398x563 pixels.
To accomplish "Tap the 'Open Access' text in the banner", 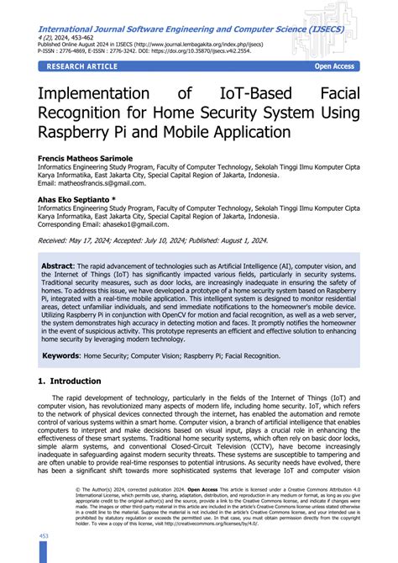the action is tap(334, 66).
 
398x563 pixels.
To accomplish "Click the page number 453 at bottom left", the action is tap(45, 534).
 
